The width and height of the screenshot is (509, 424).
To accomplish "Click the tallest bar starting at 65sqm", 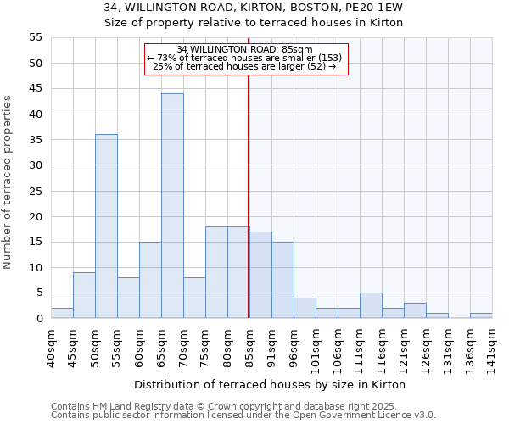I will click(172, 206).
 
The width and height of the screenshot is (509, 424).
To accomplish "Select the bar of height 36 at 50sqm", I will click(106, 226).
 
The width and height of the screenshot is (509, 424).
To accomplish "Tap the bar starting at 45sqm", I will click(84, 295).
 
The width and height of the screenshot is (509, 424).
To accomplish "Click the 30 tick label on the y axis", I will click(36, 165).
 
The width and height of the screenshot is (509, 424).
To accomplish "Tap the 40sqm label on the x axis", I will click(52, 347).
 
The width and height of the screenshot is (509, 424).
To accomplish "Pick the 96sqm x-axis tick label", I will click(294, 347).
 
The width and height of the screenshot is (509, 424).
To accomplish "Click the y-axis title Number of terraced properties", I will click(8, 182).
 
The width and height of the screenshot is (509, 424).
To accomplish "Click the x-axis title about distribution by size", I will click(270, 384).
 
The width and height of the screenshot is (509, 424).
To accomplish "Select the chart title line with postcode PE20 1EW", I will click(254, 8).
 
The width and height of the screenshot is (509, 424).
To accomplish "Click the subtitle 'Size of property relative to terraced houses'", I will click(254, 23).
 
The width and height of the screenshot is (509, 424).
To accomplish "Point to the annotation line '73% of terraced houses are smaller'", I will click(244, 58).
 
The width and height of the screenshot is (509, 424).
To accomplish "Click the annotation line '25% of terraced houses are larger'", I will click(244, 66).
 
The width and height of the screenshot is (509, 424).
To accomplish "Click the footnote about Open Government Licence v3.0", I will click(243, 415).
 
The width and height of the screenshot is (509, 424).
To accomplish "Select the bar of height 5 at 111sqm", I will click(371, 305).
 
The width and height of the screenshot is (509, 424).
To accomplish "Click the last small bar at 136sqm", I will click(481, 315).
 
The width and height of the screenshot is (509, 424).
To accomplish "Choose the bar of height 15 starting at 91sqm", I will click(282, 280).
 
